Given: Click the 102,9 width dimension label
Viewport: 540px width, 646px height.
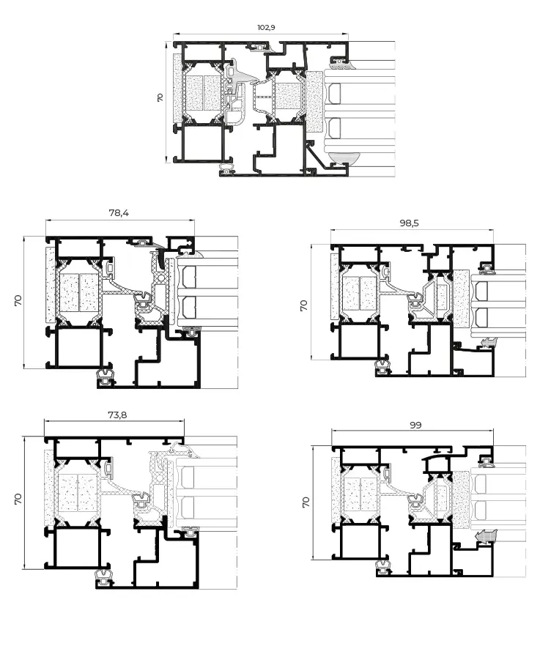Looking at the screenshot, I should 266,27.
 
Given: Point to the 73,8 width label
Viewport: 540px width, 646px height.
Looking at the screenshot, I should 117,415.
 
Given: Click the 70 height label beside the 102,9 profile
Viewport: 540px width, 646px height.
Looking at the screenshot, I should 160,97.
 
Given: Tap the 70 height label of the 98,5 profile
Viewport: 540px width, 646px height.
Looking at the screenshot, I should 304,305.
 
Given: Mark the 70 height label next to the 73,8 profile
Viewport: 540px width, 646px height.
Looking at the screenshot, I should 18,499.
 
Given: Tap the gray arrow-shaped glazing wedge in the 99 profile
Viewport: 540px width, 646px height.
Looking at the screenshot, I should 484,538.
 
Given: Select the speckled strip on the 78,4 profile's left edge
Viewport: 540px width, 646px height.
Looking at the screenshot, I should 50,286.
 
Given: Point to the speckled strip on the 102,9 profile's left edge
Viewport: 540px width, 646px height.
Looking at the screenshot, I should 177,88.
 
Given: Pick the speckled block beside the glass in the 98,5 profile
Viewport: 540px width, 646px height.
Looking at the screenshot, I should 461,297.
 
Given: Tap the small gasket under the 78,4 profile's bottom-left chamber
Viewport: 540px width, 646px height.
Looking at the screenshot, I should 107,376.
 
